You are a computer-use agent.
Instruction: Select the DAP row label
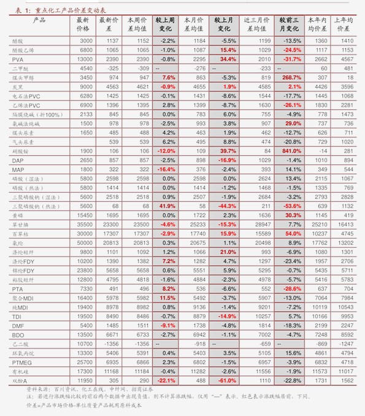point(18,160)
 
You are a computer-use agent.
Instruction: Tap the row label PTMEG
point(22,362)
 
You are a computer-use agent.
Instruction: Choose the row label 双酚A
point(19,380)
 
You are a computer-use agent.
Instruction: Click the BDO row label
point(18,334)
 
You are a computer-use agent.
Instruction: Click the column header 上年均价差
point(346,24)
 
